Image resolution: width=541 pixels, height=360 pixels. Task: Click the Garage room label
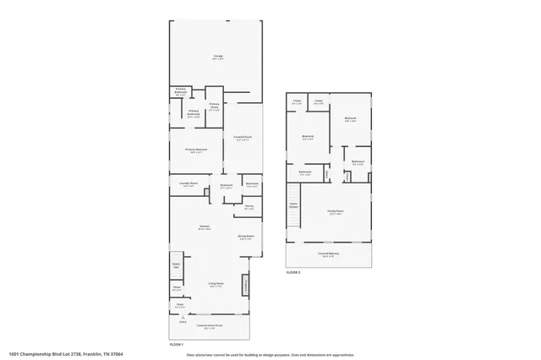217,57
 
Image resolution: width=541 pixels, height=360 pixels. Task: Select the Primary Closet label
214,107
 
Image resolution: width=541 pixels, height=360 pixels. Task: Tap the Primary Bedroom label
196,150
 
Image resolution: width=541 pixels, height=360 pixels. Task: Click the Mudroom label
227,186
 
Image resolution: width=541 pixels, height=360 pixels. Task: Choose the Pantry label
249,206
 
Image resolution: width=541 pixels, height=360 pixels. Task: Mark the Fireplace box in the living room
247,285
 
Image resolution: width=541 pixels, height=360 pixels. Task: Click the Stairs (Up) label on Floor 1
177,266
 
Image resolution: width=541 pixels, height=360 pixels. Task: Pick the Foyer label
180,307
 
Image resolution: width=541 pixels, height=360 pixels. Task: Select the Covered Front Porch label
210,325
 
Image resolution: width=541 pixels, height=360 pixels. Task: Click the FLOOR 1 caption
177,345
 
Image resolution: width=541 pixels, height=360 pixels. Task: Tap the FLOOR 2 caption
292,273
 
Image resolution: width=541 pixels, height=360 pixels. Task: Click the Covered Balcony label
329,254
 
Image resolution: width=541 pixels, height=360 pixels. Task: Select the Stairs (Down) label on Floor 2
294,205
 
